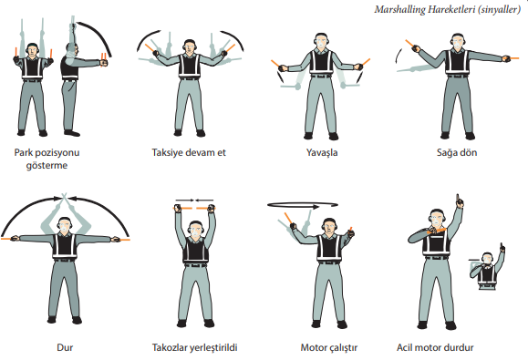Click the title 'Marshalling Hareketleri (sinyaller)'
448,9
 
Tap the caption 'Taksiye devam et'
189,152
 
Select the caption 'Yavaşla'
322,153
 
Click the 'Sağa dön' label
457,153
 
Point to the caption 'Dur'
65,347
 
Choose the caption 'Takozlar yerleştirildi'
194,347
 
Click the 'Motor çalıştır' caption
329,347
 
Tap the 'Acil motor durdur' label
435,347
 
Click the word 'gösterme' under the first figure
47,166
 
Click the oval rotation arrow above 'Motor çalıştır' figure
303,205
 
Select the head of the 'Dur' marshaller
65,224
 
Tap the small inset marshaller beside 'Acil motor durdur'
487,267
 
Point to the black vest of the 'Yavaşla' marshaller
321,62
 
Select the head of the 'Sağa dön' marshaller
457,41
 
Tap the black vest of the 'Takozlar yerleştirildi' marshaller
196,251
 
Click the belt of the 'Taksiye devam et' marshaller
190,78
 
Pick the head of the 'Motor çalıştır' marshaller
329,226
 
